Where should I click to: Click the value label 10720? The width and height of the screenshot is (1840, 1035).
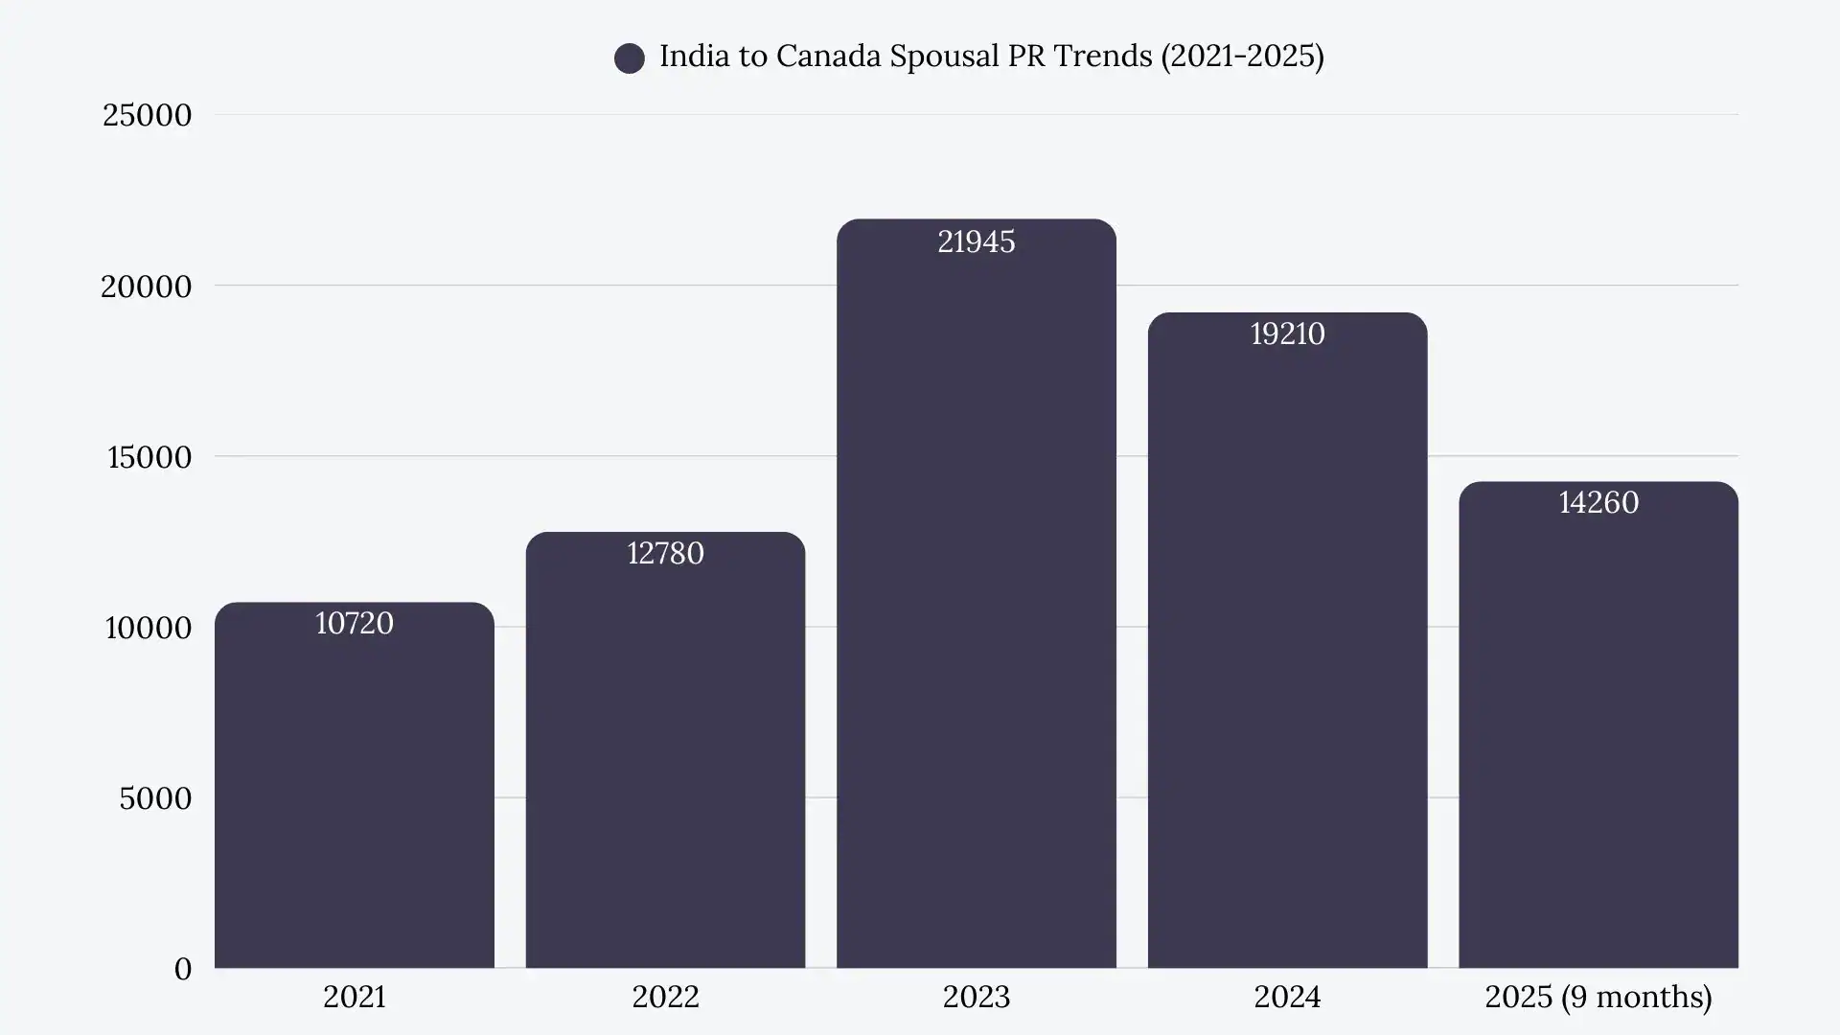tap(354, 624)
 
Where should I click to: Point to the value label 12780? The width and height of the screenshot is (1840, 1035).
tap(665, 554)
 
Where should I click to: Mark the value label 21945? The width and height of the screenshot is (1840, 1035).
tap(976, 242)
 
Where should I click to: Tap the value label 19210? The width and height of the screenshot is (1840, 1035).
tap(1287, 334)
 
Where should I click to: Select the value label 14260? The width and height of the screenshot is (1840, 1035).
tap(1598, 503)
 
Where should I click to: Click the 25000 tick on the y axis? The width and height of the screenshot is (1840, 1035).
tap(147, 116)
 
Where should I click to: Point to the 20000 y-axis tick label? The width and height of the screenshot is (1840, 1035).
tap(147, 287)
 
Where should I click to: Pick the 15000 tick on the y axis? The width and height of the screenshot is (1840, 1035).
tap(149, 457)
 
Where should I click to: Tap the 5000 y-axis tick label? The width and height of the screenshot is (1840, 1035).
tap(155, 798)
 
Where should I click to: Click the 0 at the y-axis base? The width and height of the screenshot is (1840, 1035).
tap(182, 969)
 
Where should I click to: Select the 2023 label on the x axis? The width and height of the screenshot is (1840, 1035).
tap(976, 998)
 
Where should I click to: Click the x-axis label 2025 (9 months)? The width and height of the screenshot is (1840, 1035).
tap(1598, 998)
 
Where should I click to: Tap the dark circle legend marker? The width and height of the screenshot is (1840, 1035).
tap(630, 58)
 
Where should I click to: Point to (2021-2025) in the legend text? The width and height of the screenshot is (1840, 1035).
tap(1242, 57)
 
